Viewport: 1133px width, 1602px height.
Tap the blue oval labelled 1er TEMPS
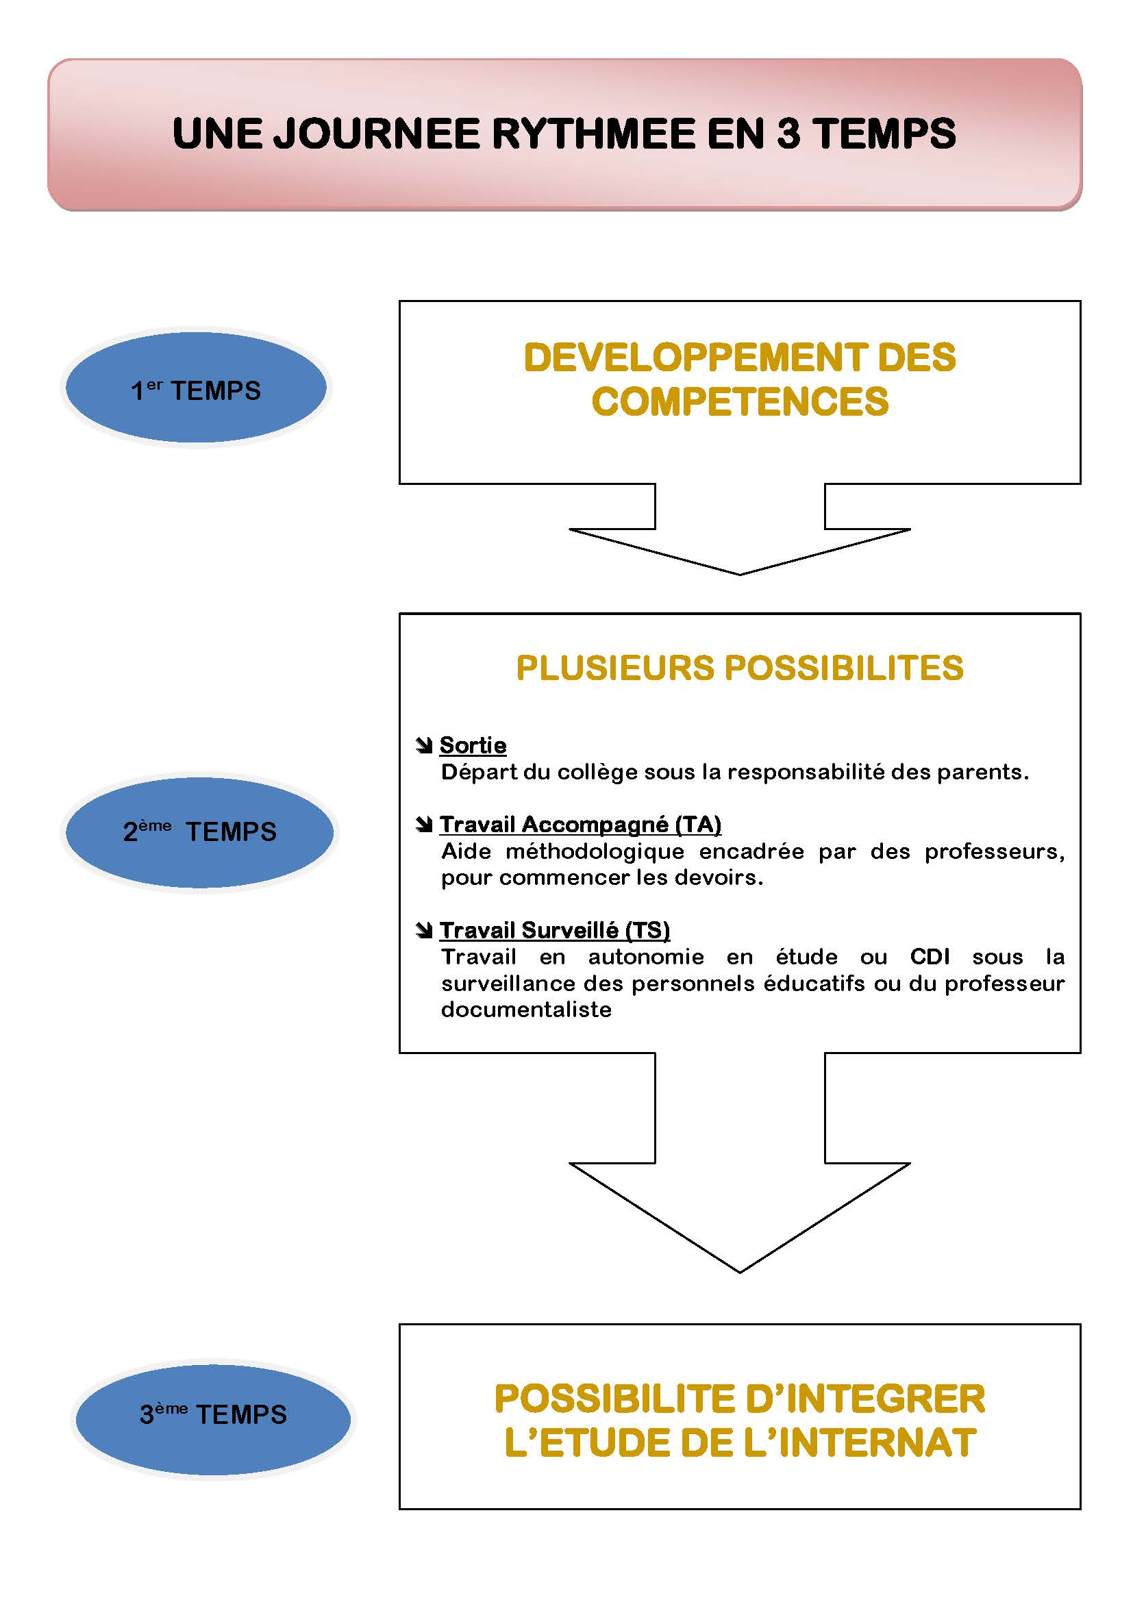196,388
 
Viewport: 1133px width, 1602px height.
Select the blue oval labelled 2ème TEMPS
199,831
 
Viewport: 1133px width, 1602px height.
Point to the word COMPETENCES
740,402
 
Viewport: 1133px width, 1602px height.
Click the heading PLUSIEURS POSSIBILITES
740,668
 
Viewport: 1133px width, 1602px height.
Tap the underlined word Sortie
473,745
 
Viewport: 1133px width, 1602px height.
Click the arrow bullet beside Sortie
423,746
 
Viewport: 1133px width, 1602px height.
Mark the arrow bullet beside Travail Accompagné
423,825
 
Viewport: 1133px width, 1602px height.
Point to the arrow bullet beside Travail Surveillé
423,930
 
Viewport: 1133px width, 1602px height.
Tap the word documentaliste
526,1009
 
